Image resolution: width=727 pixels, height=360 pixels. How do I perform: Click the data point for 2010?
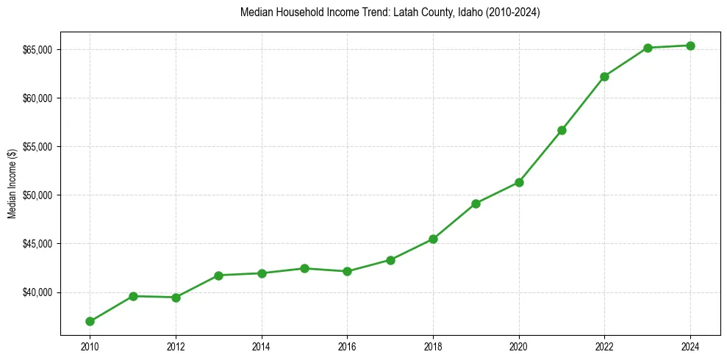click(x=90, y=321)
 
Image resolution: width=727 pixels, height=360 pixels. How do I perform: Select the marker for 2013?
click(x=218, y=275)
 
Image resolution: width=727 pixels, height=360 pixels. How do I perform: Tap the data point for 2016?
click(x=347, y=271)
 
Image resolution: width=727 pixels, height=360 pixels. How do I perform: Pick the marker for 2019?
click(x=476, y=204)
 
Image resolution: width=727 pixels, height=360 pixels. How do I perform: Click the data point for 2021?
click(x=562, y=130)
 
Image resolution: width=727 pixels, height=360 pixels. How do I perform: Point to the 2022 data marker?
click(x=604, y=76)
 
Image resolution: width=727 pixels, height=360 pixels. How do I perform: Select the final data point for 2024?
click(x=690, y=46)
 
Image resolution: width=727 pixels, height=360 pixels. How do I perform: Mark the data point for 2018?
click(x=433, y=239)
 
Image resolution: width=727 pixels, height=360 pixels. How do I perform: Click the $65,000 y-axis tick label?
click(x=37, y=50)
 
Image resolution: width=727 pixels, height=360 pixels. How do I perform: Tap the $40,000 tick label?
click(x=37, y=292)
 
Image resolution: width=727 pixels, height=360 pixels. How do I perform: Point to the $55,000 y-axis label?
click(x=37, y=147)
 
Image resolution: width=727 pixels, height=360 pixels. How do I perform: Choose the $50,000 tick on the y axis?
click(x=37, y=195)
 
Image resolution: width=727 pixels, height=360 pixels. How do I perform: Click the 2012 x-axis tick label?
click(x=176, y=345)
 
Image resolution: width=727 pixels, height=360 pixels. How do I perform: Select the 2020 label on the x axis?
click(x=519, y=345)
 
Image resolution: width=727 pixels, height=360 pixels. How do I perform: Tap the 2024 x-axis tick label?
click(x=690, y=345)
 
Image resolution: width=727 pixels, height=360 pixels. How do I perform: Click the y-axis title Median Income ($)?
click(x=12, y=184)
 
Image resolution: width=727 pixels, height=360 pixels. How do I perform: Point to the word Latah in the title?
click(x=391, y=12)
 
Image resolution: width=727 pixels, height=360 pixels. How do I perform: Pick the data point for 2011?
click(x=133, y=296)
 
